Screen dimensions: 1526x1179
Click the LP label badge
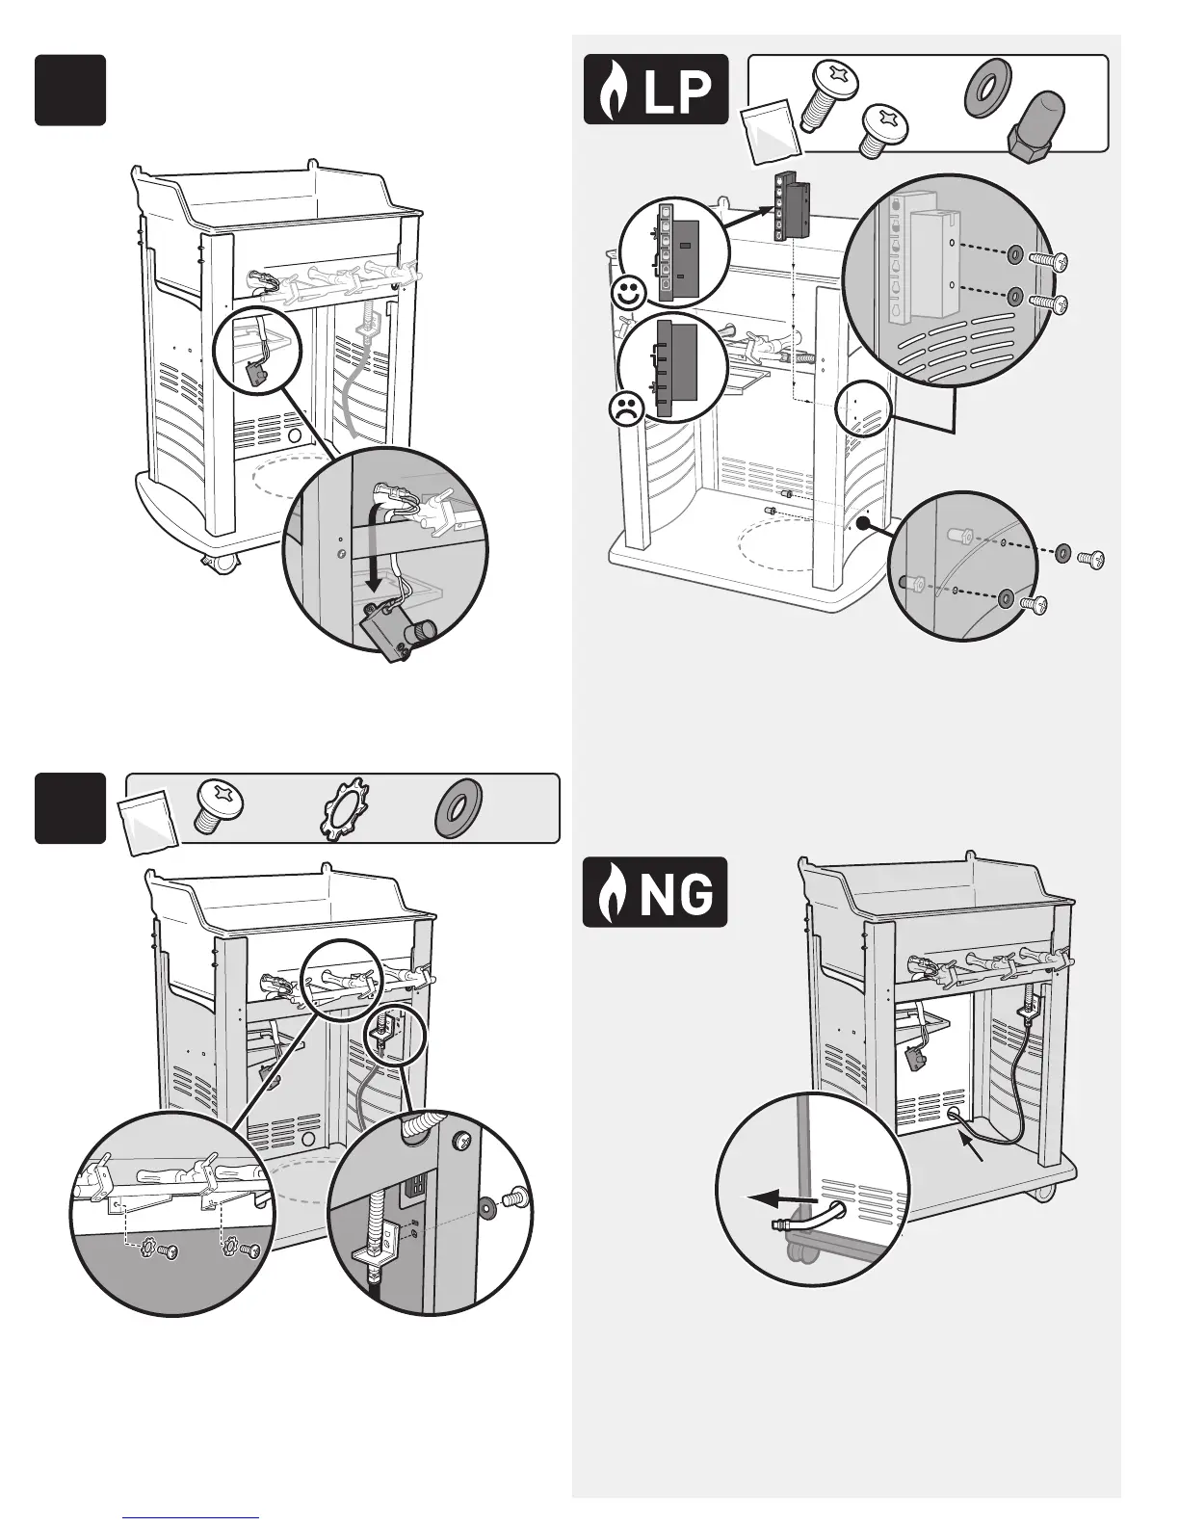(656, 90)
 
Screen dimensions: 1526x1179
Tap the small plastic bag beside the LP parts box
(772, 129)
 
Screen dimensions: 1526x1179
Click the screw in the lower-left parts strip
(219, 804)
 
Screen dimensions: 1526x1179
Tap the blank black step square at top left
(70, 90)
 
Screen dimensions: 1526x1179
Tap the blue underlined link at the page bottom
(192, 1516)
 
